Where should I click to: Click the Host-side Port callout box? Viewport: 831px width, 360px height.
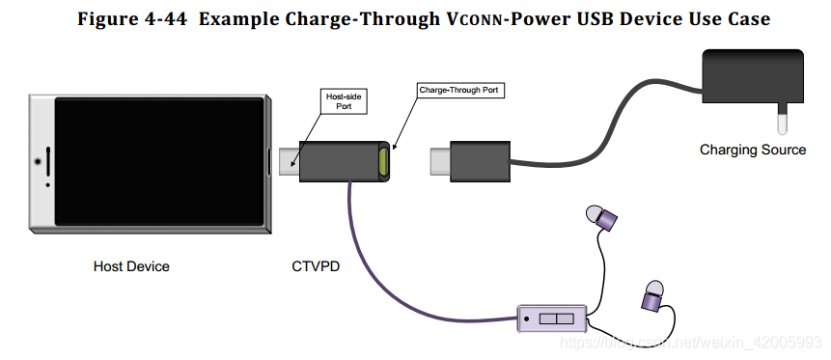coord(344,100)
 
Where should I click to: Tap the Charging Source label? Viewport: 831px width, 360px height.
coord(753,150)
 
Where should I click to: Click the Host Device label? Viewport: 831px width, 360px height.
coord(131,265)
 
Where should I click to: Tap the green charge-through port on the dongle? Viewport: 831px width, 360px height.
coord(385,160)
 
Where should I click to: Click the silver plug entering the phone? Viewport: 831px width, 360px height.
coord(287,161)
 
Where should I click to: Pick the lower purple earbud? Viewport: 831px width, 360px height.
coord(653,294)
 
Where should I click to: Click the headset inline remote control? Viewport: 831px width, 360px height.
coord(553,318)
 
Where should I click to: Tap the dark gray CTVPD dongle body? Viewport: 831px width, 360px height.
coord(338,160)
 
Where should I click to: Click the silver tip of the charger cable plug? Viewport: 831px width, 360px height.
coord(437,161)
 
